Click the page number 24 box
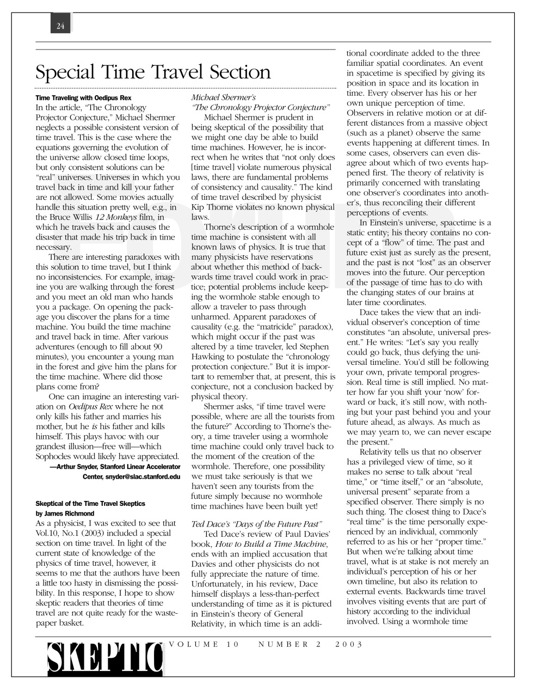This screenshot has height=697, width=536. coord(60,26)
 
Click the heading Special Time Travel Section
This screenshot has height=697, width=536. coord(152,72)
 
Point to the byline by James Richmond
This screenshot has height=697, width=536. coord(65,513)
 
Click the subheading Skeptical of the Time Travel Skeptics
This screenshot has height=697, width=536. coord(90,503)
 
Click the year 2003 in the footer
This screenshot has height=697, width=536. coord(349,644)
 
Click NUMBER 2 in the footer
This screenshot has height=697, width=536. coord(289,644)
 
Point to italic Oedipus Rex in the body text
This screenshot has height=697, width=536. coord(89,407)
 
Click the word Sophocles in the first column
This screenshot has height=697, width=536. coord(54,456)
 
